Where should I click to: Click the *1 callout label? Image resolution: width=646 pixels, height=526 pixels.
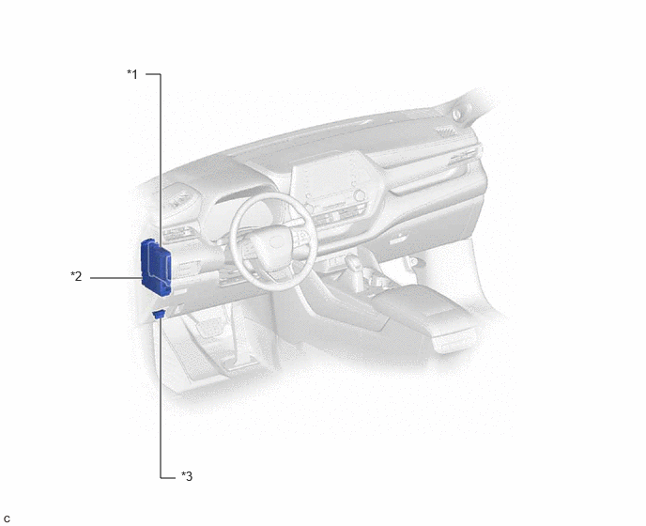132,74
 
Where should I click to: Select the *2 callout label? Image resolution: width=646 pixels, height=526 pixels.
76,276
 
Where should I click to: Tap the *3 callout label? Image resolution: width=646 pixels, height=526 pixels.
187,476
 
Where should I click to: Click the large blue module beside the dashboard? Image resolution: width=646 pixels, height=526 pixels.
156,267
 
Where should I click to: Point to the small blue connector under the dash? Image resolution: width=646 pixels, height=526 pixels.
160,314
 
